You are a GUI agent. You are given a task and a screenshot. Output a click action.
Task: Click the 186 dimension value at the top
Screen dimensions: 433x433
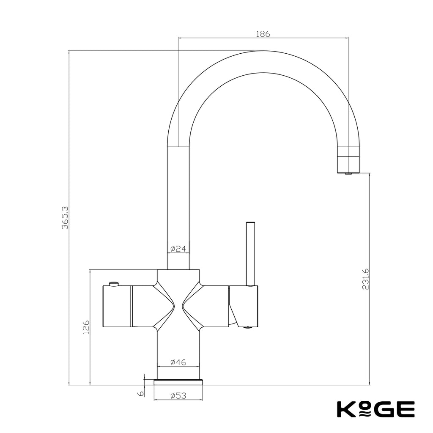click(x=263, y=34)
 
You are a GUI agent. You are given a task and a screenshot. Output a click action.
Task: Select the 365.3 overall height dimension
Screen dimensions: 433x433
click(x=65, y=218)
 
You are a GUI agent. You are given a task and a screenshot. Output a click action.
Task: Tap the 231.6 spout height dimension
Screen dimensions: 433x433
click(x=366, y=279)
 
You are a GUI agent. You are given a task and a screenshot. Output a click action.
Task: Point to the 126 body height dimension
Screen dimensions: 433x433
click(x=86, y=327)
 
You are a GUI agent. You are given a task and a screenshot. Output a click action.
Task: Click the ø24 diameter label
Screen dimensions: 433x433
click(x=178, y=249)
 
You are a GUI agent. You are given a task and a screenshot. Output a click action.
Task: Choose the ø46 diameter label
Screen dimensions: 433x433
click(x=178, y=362)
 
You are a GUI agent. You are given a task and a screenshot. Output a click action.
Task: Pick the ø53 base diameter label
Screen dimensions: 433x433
click(x=178, y=396)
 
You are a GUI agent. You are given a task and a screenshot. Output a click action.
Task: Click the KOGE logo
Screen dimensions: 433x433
click(x=376, y=409)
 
